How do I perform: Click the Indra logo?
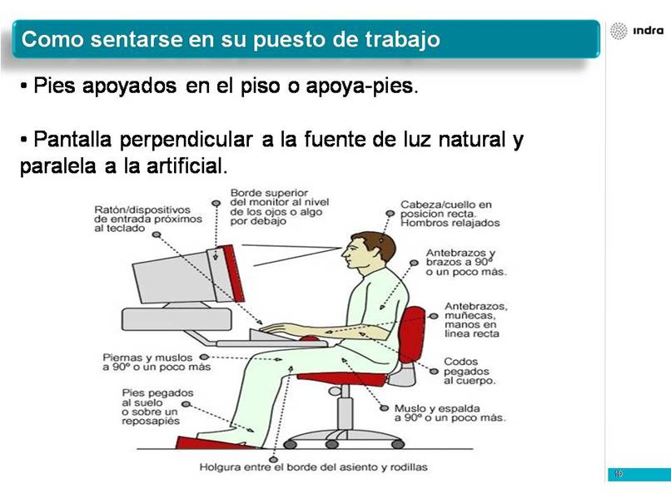pyautogui.click(x=637, y=31)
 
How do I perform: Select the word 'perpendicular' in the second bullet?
pyautogui.click(x=186, y=141)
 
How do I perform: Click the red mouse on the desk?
pyautogui.click(x=310, y=338)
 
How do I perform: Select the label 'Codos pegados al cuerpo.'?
pyautogui.click(x=469, y=371)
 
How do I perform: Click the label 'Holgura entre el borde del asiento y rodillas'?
pyautogui.click(x=313, y=467)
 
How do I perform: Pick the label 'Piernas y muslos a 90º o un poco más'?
pyautogui.click(x=157, y=362)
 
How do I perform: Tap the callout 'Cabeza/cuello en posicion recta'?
pyautogui.click(x=450, y=214)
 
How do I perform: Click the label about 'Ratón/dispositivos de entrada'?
pyautogui.click(x=148, y=219)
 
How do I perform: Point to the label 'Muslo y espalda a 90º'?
pyautogui.click(x=450, y=413)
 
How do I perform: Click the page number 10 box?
pyautogui.click(x=639, y=475)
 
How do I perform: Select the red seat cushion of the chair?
pyautogui.click(x=341, y=377)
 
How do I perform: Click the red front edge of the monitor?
pyautogui.click(x=233, y=273)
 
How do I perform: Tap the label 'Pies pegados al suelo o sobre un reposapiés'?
pyautogui.click(x=157, y=407)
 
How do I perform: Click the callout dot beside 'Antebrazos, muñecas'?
pyautogui.click(x=434, y=316)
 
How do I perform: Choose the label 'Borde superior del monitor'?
pyautogui.click(x=280, y=207)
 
